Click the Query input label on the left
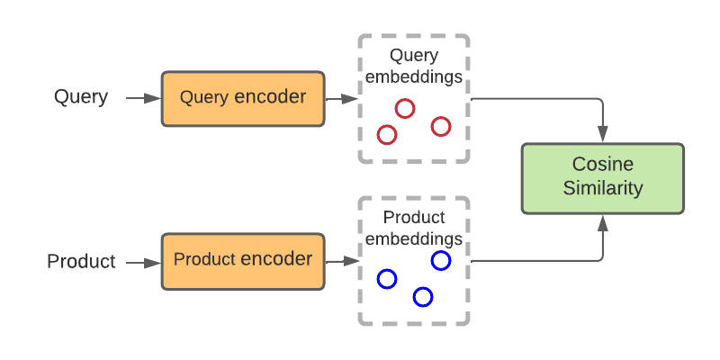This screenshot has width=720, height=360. [81, 97]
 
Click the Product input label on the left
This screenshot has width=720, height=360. [81, 262]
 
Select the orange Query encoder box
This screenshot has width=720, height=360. [242, 98]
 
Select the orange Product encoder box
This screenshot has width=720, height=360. [242, 261]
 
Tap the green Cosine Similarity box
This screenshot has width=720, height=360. [602, 177]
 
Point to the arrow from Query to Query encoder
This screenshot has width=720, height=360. [142, 98]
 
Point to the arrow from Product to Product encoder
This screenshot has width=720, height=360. [142, 262]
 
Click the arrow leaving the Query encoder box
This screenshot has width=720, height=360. [340, 98]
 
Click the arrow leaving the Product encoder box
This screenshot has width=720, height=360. [340, 262]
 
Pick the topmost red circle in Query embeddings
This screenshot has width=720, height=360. [405, 109]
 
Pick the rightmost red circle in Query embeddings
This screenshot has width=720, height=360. [440, 126]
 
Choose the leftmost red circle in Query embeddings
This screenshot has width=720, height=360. [387, 135]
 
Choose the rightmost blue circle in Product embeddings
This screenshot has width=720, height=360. [441, 261]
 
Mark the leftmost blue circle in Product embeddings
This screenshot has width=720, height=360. [387, 279]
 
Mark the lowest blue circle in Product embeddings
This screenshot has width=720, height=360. [423, 297]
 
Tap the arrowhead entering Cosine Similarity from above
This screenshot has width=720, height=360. [602, 136]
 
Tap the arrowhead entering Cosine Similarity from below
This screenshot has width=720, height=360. [602, 220]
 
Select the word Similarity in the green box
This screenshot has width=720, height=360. [602, 189]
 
